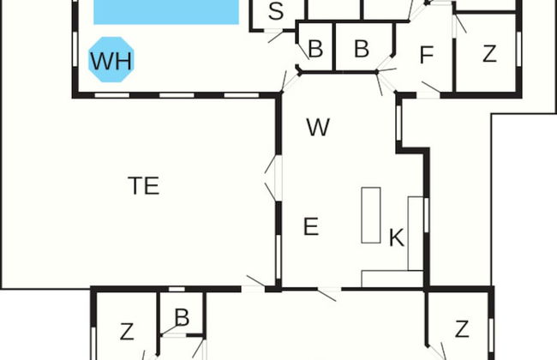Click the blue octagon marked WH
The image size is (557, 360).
(111, 60)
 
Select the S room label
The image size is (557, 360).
(276, 12)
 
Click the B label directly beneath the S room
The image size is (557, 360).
(314, 49)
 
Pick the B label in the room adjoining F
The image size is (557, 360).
(361, 49)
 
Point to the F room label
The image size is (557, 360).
(426, 56)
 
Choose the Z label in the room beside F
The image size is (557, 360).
(489, 54)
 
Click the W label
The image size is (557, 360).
(318, 128)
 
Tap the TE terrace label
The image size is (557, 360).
(144, 185)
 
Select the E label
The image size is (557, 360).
(311, 227)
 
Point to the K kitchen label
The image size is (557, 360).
(396, 237)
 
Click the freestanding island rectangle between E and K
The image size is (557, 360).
(371, 213)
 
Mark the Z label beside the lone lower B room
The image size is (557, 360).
(127, 330)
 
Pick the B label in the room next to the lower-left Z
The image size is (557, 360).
(182, 318)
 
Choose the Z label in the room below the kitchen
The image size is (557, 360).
(462, 328)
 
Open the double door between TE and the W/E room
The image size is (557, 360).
(273, 179)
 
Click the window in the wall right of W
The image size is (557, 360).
(399, 123)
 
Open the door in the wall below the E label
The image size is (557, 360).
(326, 293)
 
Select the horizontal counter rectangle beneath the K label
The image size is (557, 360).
(392, 279)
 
